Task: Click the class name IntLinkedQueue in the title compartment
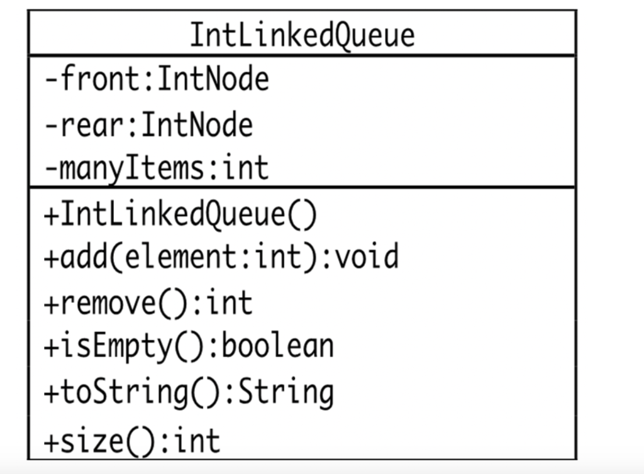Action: (302, 35)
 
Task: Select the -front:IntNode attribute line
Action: (157, 80)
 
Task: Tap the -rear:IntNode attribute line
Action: (148, 125)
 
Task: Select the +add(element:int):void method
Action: (221, 257)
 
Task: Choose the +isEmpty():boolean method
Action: (188, 346)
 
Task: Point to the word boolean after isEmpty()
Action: (277, 346)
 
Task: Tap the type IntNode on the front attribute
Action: (213, 80)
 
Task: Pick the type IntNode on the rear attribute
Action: (197, 125)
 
